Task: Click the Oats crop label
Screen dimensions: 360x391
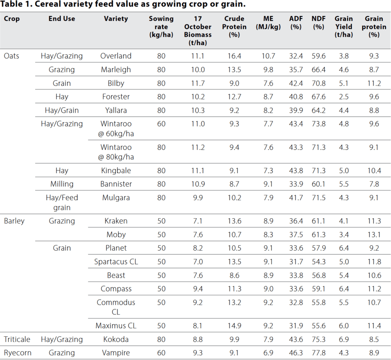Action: coord(11,56)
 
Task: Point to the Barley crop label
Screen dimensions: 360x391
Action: coord(14,221)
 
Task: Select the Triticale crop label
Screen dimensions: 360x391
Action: coord(17,339)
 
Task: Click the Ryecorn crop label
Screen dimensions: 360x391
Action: coord(16,353)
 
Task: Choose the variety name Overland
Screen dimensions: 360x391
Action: coord(116,56)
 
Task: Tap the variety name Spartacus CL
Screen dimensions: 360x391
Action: coord(116,262)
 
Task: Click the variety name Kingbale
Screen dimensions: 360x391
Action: coord(116,170)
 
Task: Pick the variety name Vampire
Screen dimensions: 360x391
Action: coord(116,353)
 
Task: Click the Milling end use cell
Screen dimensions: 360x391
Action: coord(62,184)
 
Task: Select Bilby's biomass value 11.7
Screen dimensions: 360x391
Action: coord(198,83)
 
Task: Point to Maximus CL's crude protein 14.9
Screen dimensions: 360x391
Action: coord(234,326)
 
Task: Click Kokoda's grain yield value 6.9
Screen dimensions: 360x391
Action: coord(344,339)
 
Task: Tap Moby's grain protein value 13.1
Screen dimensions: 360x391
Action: coord(374,235)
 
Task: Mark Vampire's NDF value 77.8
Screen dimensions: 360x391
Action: coord(318,353)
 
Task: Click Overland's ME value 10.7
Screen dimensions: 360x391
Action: coord(268,56)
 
